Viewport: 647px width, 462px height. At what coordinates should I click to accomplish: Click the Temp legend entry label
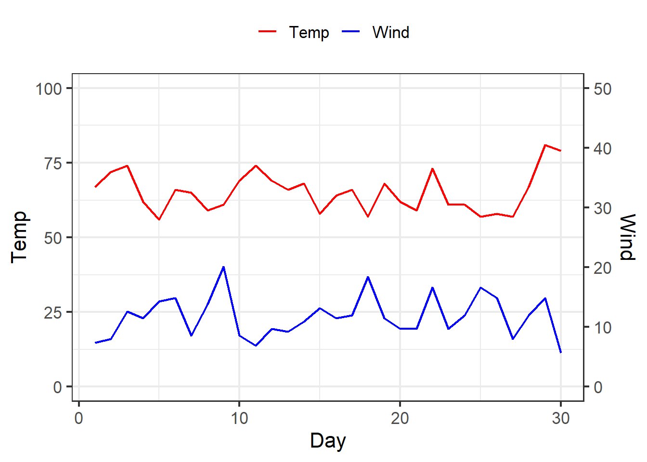(x=309, y=32)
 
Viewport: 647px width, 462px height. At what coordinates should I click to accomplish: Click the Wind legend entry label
(x=391, y=32)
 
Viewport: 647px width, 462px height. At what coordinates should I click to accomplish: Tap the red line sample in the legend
(x=268, y=31)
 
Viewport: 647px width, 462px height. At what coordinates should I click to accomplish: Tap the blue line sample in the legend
(x=350, y=31)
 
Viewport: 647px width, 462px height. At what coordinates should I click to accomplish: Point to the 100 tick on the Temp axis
(x=49, y=89)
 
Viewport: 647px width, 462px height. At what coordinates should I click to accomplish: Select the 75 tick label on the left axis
(x=53, y=164)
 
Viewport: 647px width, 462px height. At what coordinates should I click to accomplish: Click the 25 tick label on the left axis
(x=53, y=313)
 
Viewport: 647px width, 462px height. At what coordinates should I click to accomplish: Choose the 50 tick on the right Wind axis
(x=603, y=89)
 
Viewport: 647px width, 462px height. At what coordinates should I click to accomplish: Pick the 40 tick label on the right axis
(x=603, y=149)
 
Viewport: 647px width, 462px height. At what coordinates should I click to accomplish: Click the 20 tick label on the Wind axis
(x=603, y=268)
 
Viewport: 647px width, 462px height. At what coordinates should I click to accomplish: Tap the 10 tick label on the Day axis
(x=239, y=418)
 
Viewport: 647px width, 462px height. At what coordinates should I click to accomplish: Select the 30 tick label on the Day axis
(x=561, y=418)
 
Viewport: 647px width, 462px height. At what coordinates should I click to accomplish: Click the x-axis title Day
(x=328, y=441)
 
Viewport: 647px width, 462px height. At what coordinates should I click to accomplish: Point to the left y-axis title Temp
(x=19, y=237)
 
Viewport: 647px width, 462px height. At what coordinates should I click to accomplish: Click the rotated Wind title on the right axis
(x=627, y=237)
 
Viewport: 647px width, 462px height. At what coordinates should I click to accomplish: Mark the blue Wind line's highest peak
(x=223, y=267)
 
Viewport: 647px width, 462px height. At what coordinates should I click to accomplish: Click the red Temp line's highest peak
(x=545, y=145)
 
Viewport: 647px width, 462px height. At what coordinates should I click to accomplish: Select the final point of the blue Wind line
(x=561, y=353)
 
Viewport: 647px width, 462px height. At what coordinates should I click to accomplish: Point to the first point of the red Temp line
(x=95, y=187)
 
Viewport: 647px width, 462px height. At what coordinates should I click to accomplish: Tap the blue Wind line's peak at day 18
(x=368, y=277)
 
